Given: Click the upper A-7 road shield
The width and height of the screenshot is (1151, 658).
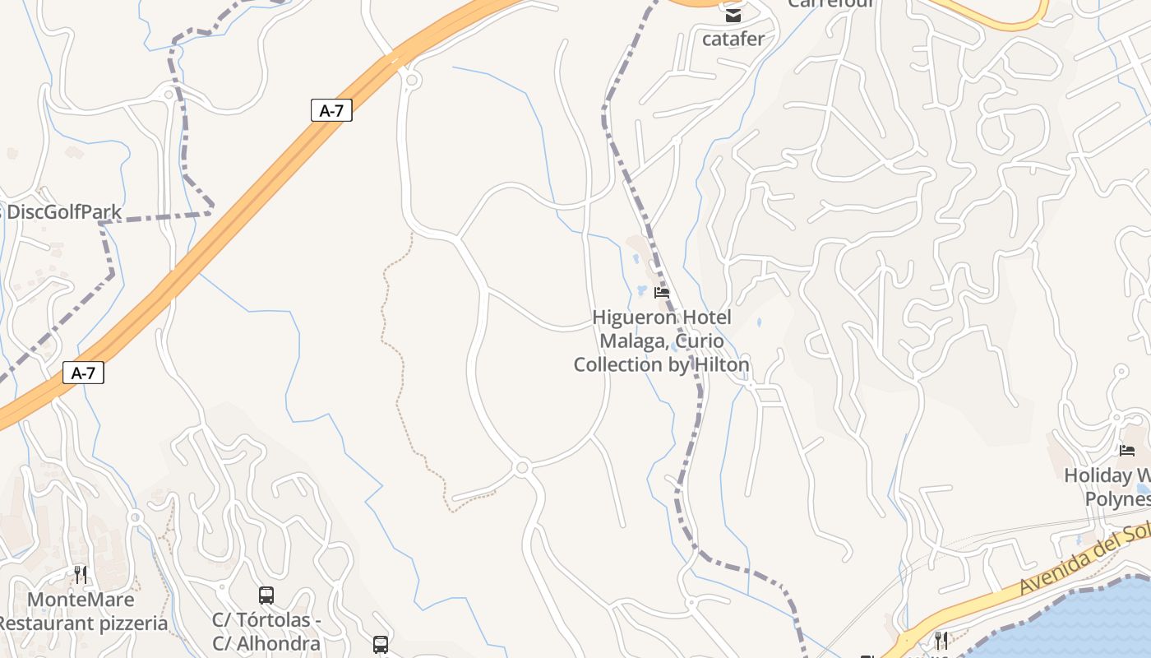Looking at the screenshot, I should (331, 110).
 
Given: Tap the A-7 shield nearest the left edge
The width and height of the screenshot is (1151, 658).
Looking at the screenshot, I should (83, 373).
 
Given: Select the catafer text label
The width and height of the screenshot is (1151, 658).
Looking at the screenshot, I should (733, 39).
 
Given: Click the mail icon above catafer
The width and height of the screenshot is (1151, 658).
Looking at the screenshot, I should (733, 15).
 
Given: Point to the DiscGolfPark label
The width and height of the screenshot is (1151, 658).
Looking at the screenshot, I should (63, 212).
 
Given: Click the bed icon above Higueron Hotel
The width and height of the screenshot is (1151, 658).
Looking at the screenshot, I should (661, 292).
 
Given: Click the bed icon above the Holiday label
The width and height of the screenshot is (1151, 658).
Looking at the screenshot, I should (1126, 450).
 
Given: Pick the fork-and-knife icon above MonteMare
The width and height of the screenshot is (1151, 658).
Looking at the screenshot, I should (80, 574).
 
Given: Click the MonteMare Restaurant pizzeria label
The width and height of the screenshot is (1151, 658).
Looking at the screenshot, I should (82, 611).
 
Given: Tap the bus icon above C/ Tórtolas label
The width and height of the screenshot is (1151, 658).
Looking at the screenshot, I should (266, 595).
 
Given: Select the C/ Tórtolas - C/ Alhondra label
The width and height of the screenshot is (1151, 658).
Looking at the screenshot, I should (266, 632).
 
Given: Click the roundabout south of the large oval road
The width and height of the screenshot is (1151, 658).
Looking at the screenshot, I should (521, 468).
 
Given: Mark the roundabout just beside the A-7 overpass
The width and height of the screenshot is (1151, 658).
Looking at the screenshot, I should (411, 80).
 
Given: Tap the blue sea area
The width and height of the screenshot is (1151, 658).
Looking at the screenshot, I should (1093, 625).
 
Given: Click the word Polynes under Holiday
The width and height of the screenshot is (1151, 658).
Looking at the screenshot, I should (1116, 499).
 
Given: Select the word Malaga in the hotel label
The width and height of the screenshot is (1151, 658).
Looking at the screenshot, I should (630, 341).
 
